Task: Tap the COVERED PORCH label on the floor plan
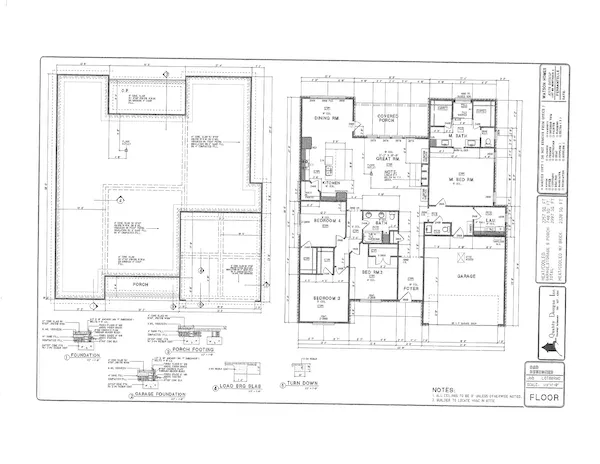(x=386, y=123)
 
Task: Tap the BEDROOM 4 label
(x=328, y=220)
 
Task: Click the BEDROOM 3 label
(x=327, y=299)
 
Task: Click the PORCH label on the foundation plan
(x=140, y=284)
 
